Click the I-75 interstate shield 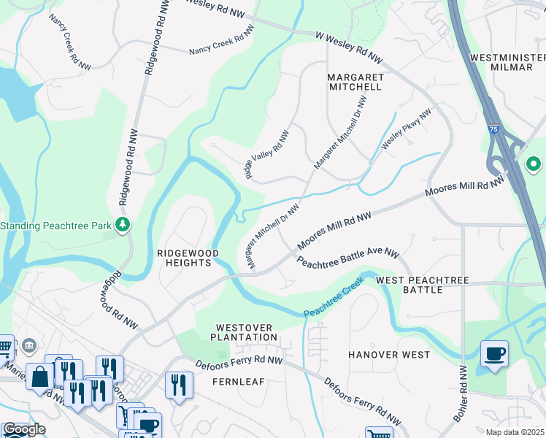click(x=494, y=128)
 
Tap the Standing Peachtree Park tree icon click(x=124, y=225)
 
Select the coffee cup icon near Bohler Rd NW click(x=494, y=355)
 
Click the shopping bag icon click(x=40, y=377)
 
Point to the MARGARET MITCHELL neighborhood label click(x=354, y=82)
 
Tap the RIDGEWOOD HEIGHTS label click(x=188, y=258)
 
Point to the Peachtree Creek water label click(x=333, y=300)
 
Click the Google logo click(x=24, y=430)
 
